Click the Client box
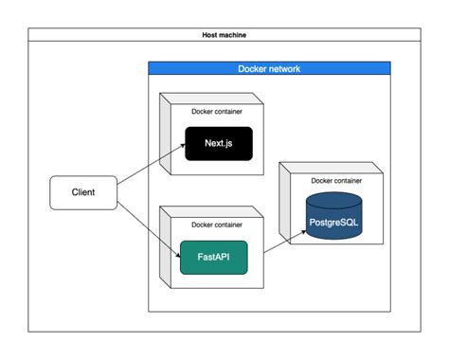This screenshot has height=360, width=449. point(83,192)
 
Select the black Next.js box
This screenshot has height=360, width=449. point(217,144)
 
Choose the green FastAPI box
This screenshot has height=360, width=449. point(213,257)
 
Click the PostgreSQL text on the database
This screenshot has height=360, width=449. point(332,223)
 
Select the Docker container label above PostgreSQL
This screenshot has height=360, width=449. point(336,181)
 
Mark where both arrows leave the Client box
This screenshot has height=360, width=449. point(118,192)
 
